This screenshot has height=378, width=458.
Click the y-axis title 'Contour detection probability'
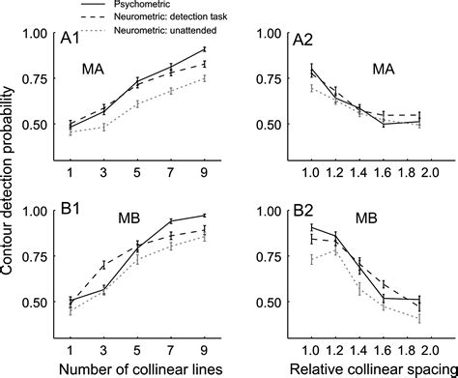click(x=10, y=189)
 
